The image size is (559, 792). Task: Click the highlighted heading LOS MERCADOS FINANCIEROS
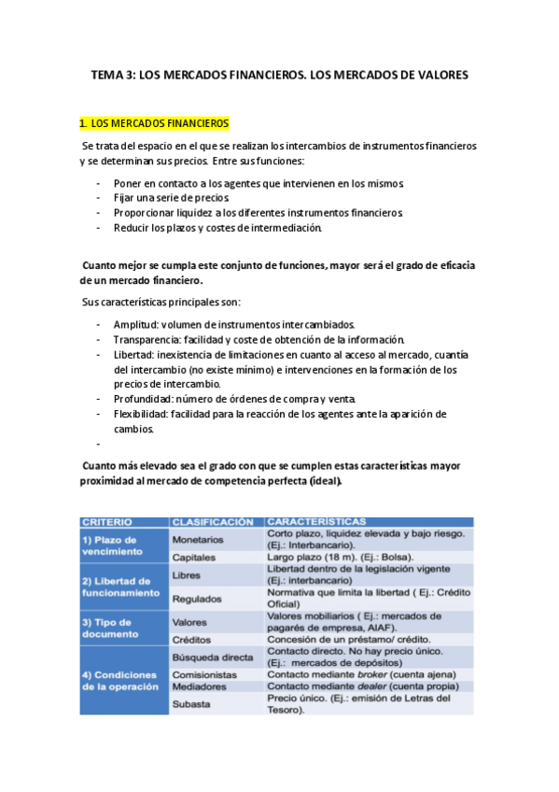(x=160, y=122)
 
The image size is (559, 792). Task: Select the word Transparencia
(x=147, y=339)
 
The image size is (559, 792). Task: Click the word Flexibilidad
(x=142, y=414)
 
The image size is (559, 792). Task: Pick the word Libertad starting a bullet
(x=133, y=355)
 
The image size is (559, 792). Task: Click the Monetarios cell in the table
(x=198, y=539)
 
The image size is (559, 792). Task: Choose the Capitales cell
(x=194, y=558)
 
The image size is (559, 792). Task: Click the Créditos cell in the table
(x=192, y=640)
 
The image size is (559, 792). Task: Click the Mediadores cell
(x=200, y=686)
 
